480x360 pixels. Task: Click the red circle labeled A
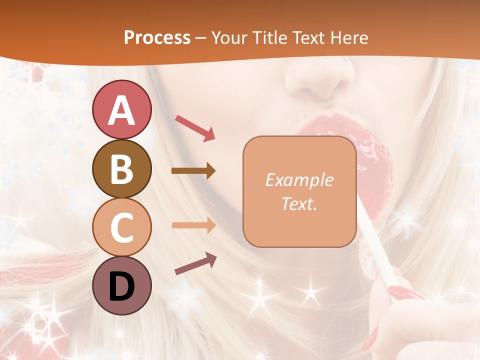click(121, 109)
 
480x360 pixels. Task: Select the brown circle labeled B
click(121, 168)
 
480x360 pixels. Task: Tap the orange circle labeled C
click(121, 227)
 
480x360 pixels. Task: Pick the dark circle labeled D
click(121, 285)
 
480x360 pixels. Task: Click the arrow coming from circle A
click(194, 127)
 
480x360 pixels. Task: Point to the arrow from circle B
click(193, 171)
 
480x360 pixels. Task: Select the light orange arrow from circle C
click(193, 225)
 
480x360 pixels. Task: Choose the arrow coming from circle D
click(195, 263)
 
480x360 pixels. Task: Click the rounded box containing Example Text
click(299, 192)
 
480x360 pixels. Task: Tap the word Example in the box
click(299, 180)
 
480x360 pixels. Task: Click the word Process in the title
click(157, 37)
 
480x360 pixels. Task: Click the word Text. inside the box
click(299, 204)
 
